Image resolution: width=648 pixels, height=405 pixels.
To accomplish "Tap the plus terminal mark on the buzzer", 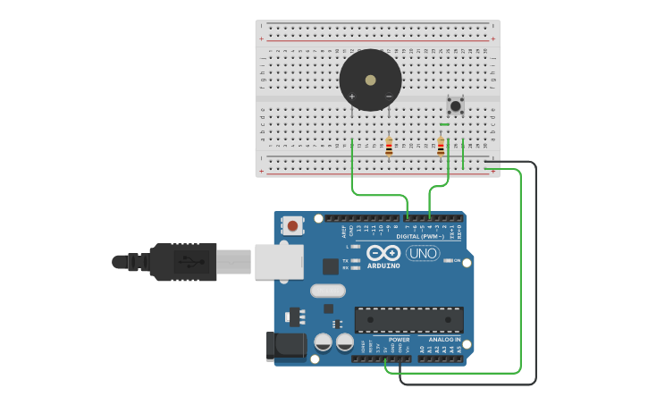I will click(x=352, y=97).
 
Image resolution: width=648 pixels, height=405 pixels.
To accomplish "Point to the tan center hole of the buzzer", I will click(x=370, y=80).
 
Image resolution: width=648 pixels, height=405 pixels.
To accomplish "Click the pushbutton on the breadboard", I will click(x=456, y=106).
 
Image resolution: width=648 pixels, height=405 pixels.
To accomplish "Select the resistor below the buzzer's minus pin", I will click(x=389, y=146).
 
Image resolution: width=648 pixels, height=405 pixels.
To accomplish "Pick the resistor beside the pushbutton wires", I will click(x=441, y=146).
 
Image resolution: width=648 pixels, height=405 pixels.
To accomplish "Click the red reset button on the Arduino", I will click(x=292, y=226).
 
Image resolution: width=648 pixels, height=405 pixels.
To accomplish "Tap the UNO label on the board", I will click(x=423, y=253).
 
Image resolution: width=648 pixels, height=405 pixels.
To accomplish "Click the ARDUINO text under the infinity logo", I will click(x=383, y=266).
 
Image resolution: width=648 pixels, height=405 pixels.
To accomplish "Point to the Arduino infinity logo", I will click(x=383, y=253).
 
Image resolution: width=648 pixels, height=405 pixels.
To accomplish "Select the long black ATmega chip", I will click(x=409, y=320).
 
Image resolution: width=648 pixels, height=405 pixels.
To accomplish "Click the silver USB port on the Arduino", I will click(x=279, y=262).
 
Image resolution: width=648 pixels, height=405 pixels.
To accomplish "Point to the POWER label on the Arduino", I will click(x=399, y=340).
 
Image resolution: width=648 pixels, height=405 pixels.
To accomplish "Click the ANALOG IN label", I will click(x=444, y=340).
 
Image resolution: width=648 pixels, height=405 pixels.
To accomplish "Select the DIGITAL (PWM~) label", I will click(x=420, y=236).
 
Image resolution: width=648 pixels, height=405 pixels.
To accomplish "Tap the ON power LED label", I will click(x=457, y=261).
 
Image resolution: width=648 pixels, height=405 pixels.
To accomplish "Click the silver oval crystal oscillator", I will click(x=328, y=291).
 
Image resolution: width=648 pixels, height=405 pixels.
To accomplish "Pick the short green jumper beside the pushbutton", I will click(x=444, y=124).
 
